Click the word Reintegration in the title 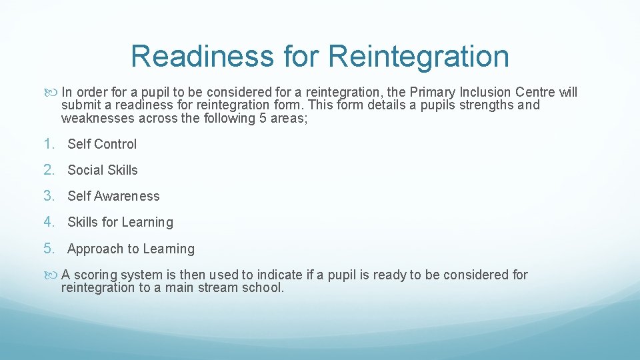(x=418, y=57)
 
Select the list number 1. (x=48, y=144)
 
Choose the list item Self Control (x=102, y=144)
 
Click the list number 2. (x=48, y=170)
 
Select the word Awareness (x=127, y=196)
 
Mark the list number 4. (x=48, y=222)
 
